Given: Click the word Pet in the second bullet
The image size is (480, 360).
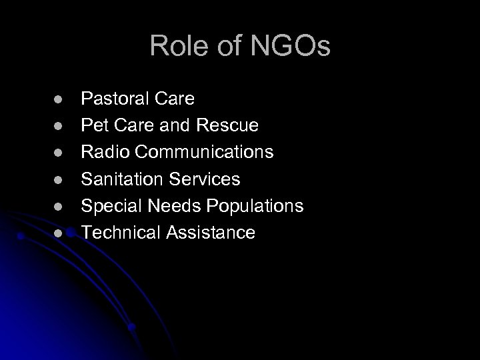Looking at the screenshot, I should (x=93, y=126).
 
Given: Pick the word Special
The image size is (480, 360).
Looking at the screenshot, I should (x=107, y=206).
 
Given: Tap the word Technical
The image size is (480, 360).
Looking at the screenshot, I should (x=117, y=233).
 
